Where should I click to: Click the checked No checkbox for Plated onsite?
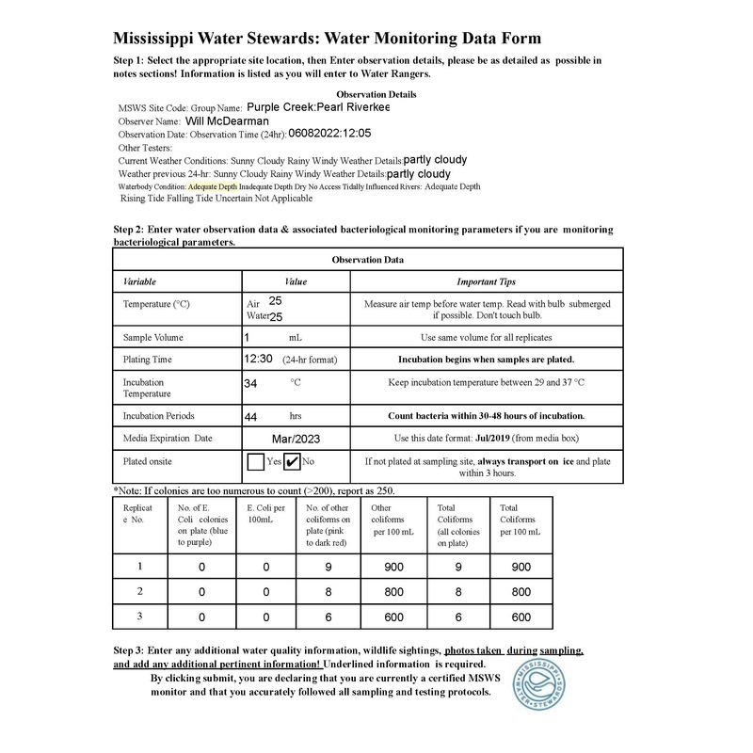point(292,461)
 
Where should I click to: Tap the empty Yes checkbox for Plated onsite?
point(255,461)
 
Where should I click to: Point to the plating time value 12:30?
point(258,359)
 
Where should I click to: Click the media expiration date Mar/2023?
point(296,438)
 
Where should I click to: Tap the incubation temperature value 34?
point(250,384)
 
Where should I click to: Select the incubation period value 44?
point(250,414)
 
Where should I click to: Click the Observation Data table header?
point(368,260)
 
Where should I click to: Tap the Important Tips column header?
point(486,281)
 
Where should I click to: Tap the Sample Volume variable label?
point(153,336)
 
